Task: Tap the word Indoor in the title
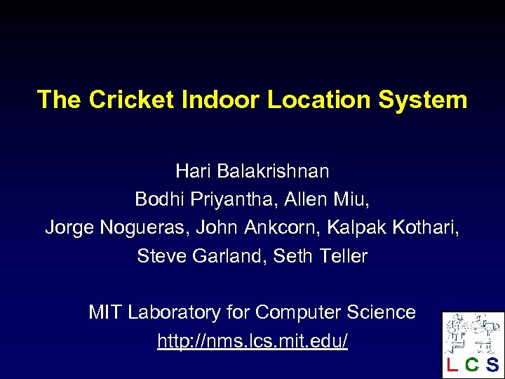point(221,100)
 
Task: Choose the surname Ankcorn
point(271,228)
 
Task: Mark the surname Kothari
point(423,228)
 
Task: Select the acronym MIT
point(105,312)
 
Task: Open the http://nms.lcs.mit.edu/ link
point(252,342)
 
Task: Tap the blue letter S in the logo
point(492,365)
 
